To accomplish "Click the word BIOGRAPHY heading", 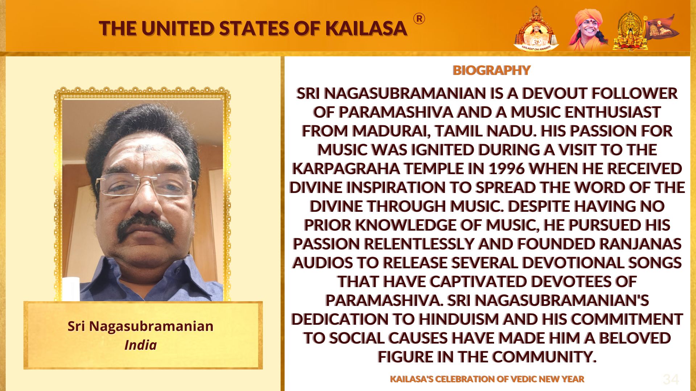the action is click(x=491, y=70).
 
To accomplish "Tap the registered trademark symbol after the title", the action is click(x=419, y=18).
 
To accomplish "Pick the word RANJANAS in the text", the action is click(x=640, y=244).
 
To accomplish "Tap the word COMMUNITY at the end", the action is click(x=544, y=357).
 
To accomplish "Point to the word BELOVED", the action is click(x=635, y=338).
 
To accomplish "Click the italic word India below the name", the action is click(x=141, y=345).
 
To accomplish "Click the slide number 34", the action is click(x=671, y=379).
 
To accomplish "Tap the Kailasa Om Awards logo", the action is click(x=536, y=29).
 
